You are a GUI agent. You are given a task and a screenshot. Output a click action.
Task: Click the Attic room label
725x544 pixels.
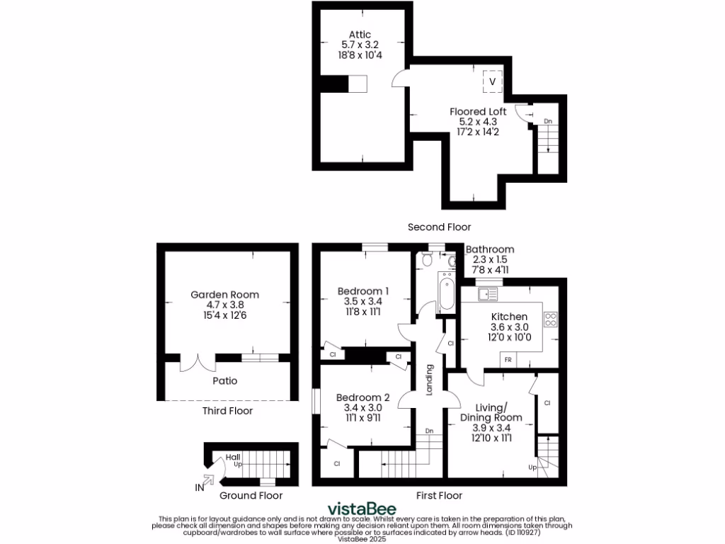click(359, 34)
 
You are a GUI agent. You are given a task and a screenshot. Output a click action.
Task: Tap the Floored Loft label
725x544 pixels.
click(478, 112)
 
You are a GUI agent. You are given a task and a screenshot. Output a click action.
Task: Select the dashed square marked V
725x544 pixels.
click(493, 81)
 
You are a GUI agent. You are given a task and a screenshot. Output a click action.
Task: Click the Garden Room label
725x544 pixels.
click(224, 295)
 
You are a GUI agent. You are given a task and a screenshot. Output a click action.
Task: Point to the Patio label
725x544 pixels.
click(224, 381)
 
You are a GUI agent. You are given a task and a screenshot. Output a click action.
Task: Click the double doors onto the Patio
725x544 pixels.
click(198, 363)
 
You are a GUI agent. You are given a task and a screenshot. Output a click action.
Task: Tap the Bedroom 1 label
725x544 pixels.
click(362, 291)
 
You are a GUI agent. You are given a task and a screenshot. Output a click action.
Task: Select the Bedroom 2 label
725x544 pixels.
click(362, 397)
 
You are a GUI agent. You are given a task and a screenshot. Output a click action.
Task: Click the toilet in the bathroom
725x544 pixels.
click(426, 260)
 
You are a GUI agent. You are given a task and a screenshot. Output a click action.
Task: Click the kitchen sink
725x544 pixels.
click(489, 293)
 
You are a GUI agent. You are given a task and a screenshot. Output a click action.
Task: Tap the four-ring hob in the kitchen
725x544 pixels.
click(550, 319)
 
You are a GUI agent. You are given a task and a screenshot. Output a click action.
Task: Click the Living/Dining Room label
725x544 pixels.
click(492, 412)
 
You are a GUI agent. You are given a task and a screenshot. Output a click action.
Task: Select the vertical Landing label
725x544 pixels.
click(428, 380)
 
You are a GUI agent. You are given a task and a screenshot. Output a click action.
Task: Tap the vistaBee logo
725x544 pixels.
click(361, 509)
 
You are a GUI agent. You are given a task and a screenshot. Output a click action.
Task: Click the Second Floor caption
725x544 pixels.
click(439, 227)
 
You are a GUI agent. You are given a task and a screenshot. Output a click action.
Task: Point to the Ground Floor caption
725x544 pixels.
click(251, 496)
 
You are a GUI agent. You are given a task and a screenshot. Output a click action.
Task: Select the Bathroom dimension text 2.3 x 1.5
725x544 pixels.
click(490, 260)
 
